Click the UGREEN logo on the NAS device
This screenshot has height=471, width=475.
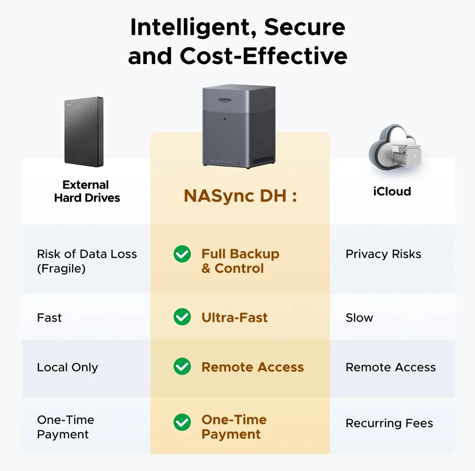pos(224,100)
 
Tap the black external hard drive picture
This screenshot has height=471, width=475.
pos(84,132)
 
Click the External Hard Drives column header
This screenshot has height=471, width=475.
pos(87,191)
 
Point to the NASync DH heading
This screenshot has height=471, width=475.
pos(240,196)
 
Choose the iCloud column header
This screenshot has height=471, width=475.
pos(392,191)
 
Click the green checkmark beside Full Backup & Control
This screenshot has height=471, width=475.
pos(182,254)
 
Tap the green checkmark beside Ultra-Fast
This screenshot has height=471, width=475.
pos(182,317)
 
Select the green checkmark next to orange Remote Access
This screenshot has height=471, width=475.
pos(182,366)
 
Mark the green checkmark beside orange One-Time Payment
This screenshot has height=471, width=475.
pos(182,422)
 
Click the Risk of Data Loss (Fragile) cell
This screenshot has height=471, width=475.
pos(87,261)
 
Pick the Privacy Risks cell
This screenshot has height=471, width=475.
pos(383,254)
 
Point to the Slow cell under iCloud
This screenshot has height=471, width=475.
pos(359,318)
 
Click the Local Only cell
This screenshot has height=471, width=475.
pos(67,367)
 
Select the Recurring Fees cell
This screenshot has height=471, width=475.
pos(389,423)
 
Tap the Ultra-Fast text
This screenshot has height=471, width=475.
pos(234,317)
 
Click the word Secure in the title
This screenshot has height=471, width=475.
pos(304,27)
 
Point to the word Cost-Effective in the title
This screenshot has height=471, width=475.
pos(264,56)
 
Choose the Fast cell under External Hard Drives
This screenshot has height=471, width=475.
pos(49,318)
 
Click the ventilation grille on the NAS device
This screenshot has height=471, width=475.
pos(263,160)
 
